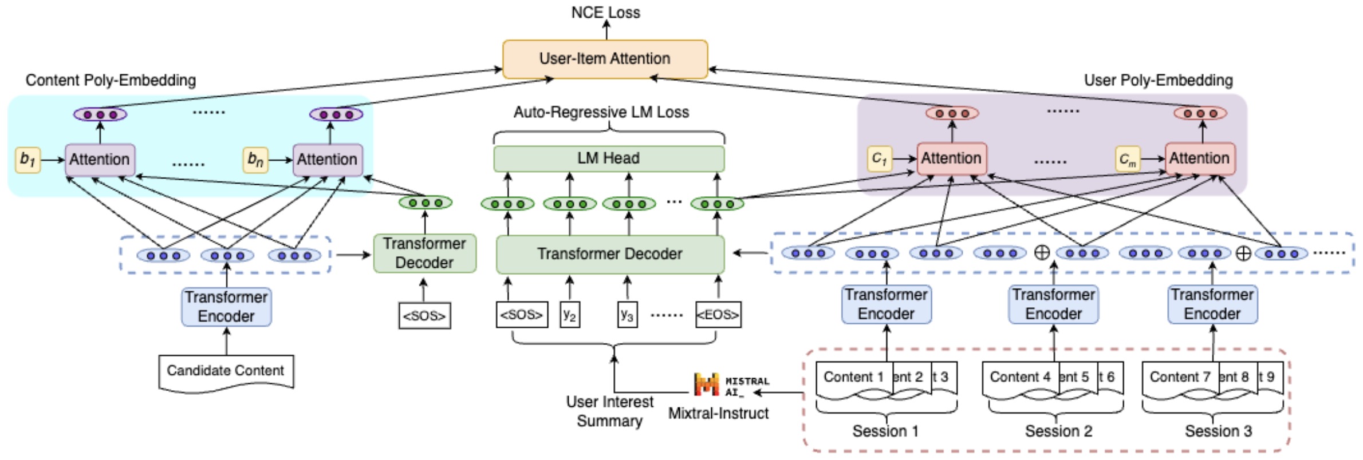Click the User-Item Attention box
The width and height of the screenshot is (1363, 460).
(x=605, y=59)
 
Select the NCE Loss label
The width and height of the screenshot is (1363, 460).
(x=605, y=13)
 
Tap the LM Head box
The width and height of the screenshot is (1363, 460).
(x=609, y=158)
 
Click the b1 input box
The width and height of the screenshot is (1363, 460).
(x=27, y=160)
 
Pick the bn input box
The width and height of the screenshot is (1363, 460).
(x=255, y=160)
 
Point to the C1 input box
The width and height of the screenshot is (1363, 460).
(x=879, y=158)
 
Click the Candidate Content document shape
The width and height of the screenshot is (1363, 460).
(x=226, y=372)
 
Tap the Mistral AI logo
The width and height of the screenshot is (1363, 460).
(x=706, y=384)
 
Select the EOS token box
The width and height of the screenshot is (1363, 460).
(x=718, y=315)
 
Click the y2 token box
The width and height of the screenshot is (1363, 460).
(x=569, y=315)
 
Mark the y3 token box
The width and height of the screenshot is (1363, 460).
(x=627, y=315)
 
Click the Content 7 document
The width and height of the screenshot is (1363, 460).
(x=1180, y=378)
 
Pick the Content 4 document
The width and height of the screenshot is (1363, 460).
(x=1020, y=378)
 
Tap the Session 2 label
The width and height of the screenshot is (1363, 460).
(x=1058, y=431)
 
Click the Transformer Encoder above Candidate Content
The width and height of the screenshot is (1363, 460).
(x=226, y=307)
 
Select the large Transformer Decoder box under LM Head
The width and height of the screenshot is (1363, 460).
(x=610, y=254)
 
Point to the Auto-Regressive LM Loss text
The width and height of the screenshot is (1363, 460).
(x=601, y=112)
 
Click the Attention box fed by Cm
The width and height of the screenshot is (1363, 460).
(x=1200, y=158)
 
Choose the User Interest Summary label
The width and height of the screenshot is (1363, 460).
(x=609, y=411)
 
